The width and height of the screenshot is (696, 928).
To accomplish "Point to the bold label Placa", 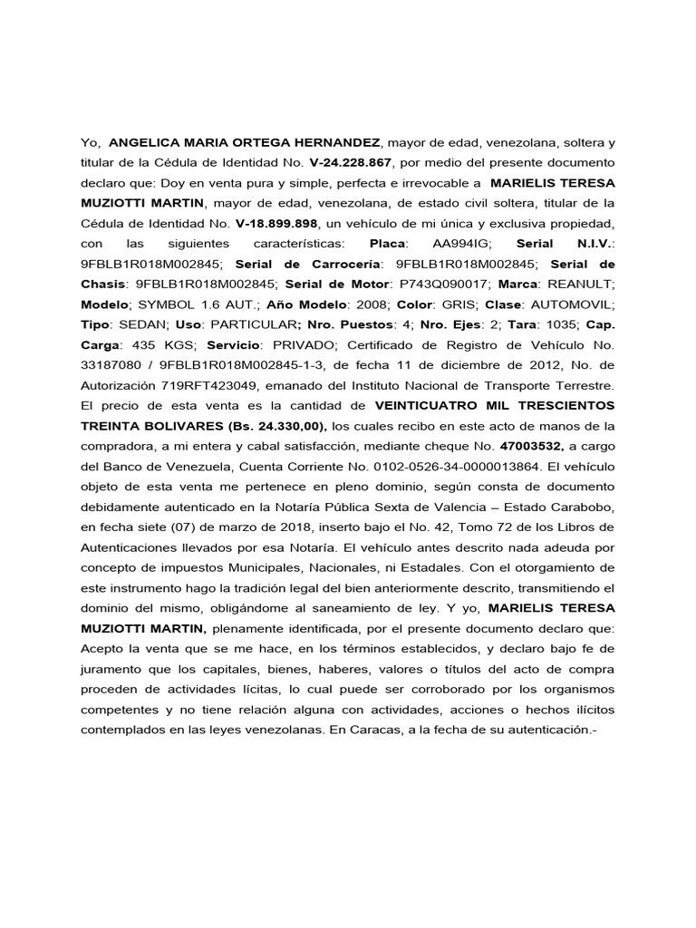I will [390, 244].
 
